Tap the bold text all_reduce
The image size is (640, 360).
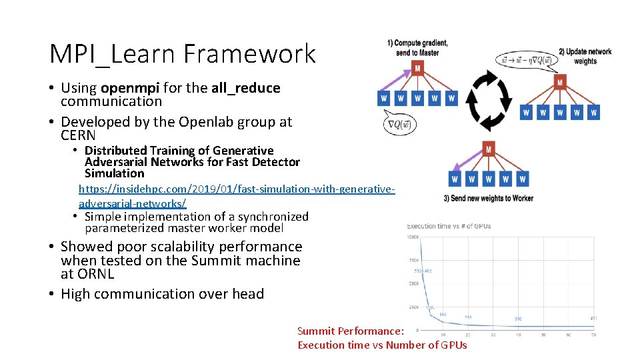245,88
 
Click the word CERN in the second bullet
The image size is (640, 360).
78,135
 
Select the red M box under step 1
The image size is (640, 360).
417,69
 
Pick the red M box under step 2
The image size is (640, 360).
560,83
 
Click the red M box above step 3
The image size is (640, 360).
489,149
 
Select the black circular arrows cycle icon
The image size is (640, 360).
488,100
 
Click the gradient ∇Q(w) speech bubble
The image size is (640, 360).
399,123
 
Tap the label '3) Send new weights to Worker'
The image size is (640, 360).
488,198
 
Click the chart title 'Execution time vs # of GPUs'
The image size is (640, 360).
449,226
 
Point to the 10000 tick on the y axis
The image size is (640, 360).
413,237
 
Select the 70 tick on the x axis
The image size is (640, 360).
593,335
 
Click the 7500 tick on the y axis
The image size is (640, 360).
415,261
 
